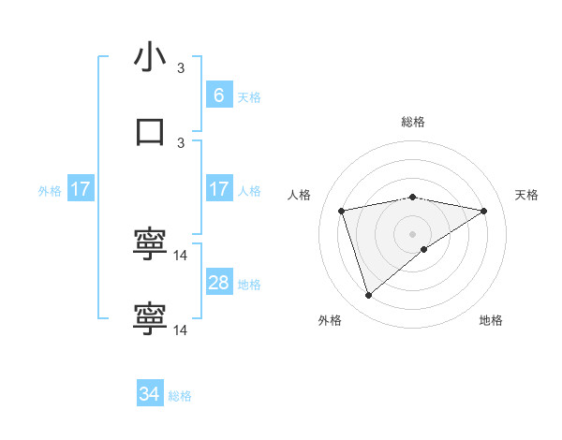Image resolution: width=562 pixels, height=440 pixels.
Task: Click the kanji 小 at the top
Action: [150, 57]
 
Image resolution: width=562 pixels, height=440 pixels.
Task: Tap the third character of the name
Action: [150, 244]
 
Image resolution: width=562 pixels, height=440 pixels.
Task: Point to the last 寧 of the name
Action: [150, 319]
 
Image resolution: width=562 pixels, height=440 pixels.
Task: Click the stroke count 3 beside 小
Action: [182, 68]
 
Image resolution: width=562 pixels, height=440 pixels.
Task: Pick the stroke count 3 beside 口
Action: [182, 142]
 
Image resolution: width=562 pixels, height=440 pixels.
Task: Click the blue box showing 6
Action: [218, 95]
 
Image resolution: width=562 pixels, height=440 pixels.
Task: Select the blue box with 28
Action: [218, 283]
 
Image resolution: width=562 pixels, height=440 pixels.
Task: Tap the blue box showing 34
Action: [150, 394]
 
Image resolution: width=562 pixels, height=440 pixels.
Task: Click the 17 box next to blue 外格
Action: [81, 189]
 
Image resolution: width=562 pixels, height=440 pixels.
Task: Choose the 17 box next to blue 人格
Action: [218, 189]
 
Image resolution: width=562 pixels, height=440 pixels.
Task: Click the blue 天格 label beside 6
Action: [249, 96]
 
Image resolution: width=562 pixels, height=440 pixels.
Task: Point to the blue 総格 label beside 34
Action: [180, 396]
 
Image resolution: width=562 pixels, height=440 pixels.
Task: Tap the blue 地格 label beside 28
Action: [249, 285]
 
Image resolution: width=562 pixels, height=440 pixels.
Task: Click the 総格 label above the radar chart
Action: [413, 122]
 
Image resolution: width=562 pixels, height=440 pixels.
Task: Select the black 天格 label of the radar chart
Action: [526, 195]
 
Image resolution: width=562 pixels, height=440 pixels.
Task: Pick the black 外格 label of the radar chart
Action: [330, 320]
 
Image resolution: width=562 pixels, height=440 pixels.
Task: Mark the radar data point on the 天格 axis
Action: [483, 211]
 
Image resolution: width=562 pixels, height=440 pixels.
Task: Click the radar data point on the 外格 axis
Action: [368, 296]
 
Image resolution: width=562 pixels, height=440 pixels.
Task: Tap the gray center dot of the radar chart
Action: [413, 233]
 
